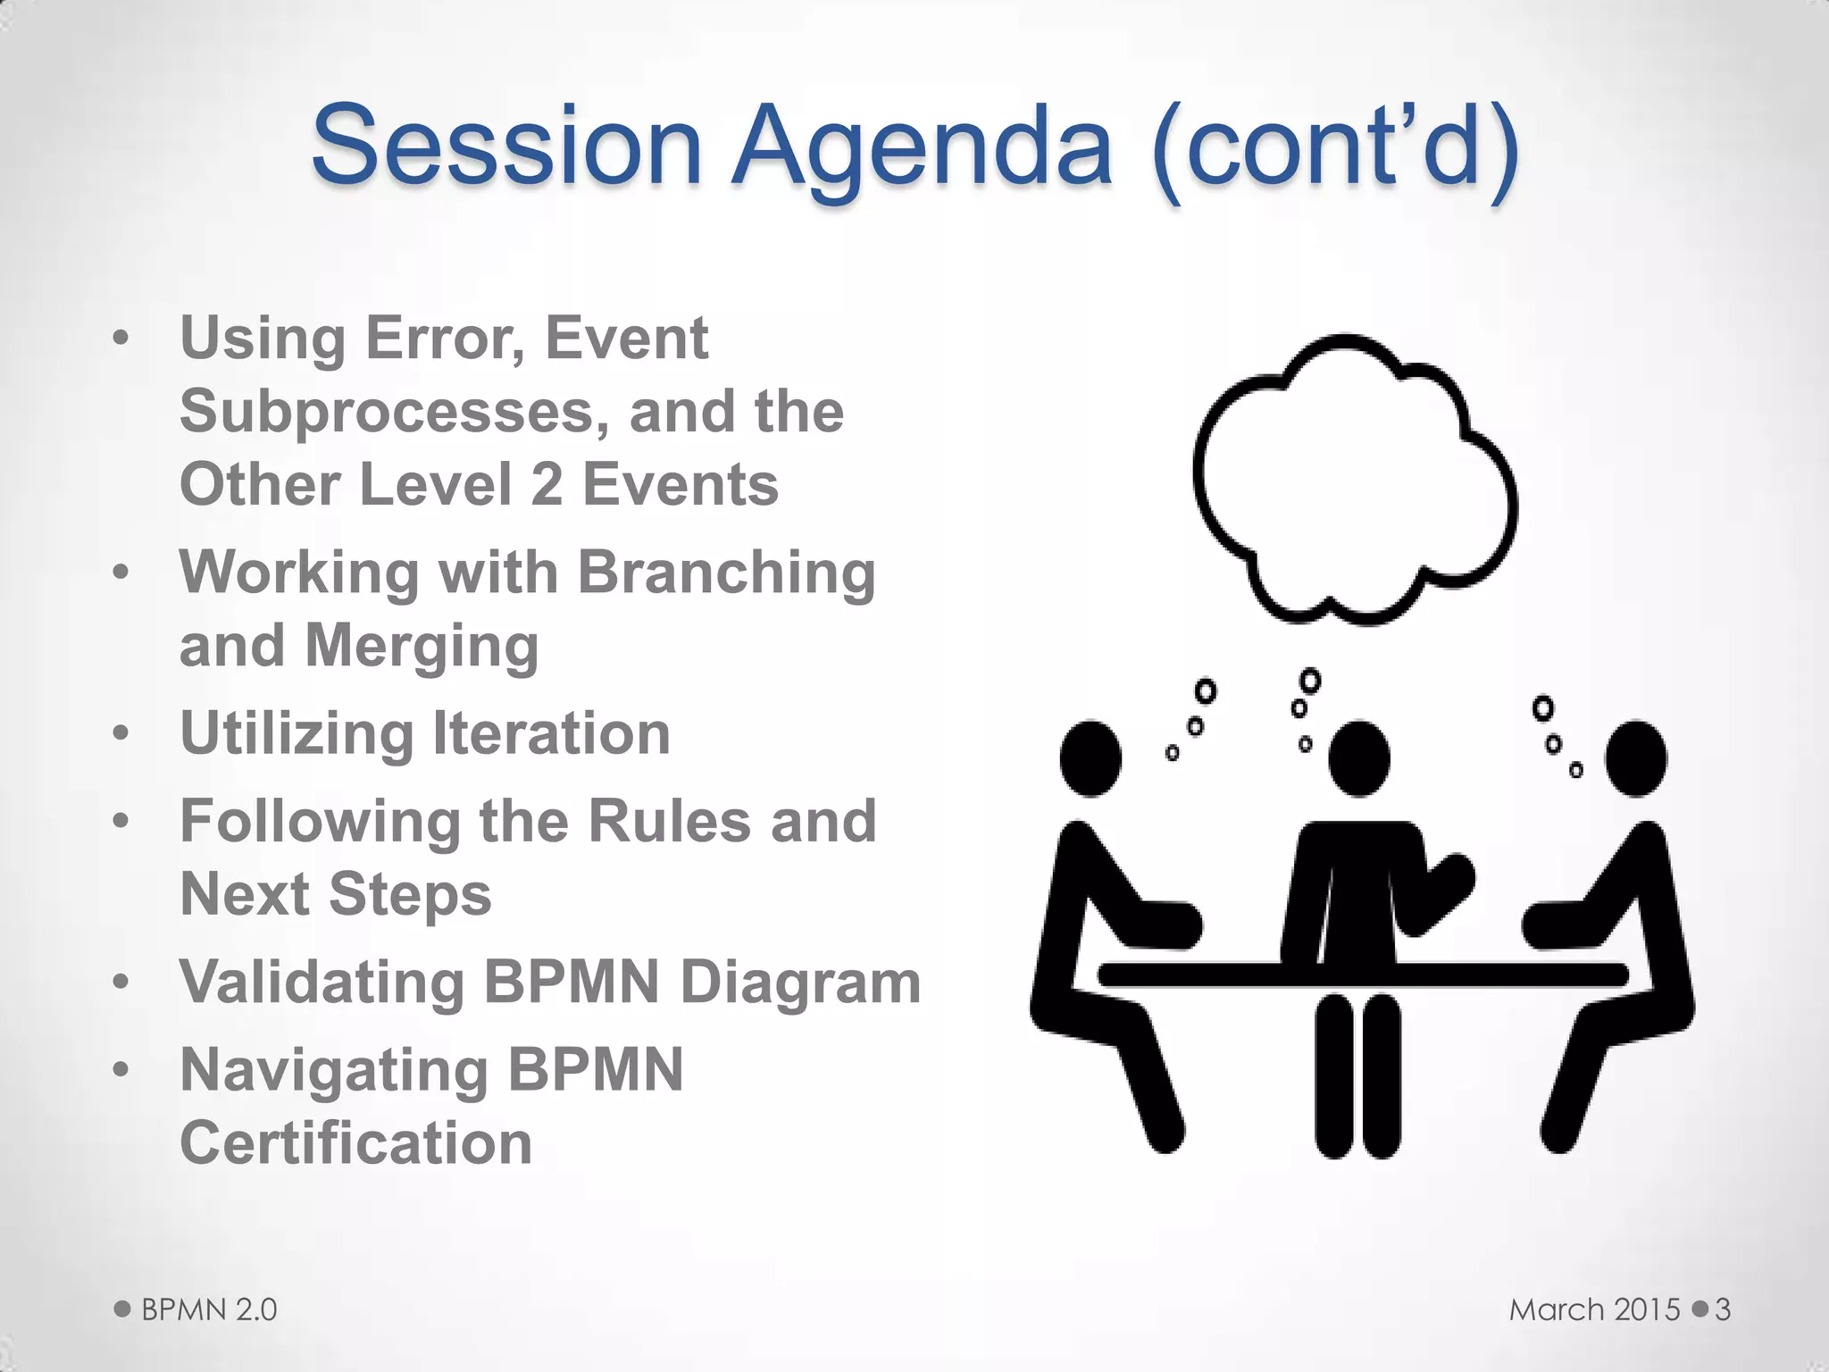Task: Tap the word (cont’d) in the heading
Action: click(1336, 147)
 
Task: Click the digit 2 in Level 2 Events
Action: click(547, 485)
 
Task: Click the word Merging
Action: click(422, 646)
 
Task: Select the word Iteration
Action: click(551, 733)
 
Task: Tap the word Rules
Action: click(670, 821)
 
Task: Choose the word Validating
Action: click(322, 982)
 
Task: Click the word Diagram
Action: click(800, 982)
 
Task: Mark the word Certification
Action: click(355, 1143)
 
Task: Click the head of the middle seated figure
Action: click(1358, 757)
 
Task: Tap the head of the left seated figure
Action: click(1090, 757)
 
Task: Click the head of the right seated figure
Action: click(1635, 757)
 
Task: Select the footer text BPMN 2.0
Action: click(209, 1309)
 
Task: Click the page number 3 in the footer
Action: click(1723, 1309)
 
